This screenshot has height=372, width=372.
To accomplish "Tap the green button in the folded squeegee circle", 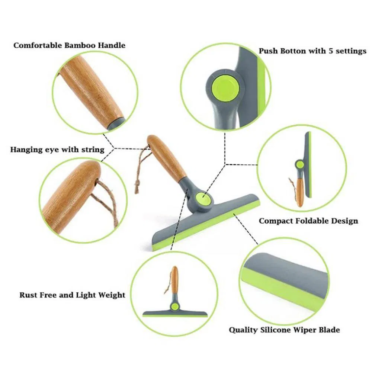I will pos(300,164).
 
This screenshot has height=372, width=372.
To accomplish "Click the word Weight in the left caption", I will pos(111,295).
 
